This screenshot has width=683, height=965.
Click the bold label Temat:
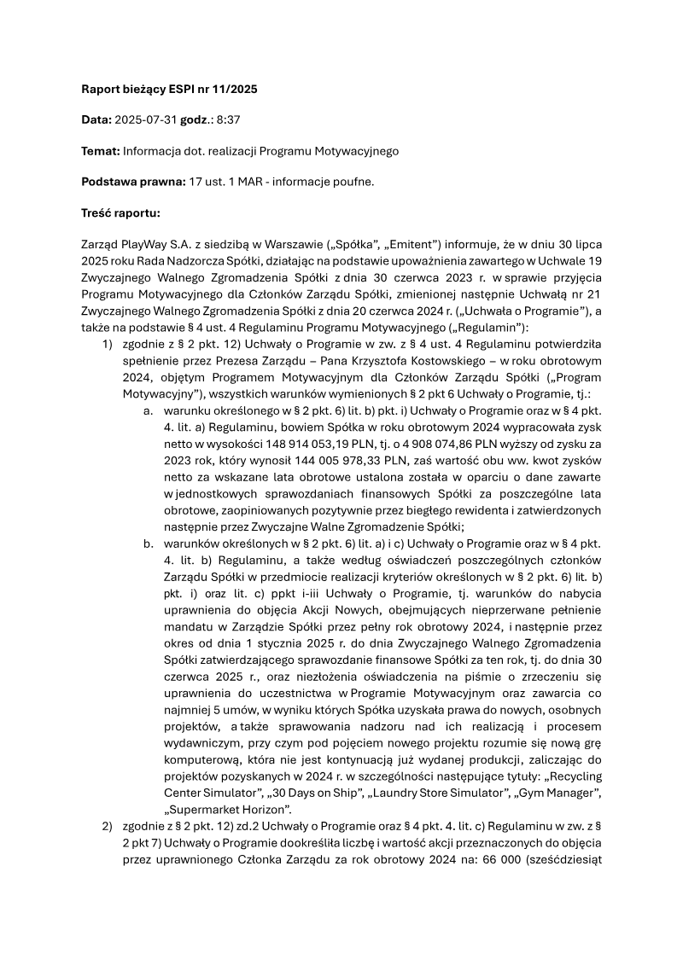click(100, 151)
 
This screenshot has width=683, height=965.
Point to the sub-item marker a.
click(148, 410)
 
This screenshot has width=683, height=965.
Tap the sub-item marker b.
click(148, 543)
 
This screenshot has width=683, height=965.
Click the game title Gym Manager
click(564, 794)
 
